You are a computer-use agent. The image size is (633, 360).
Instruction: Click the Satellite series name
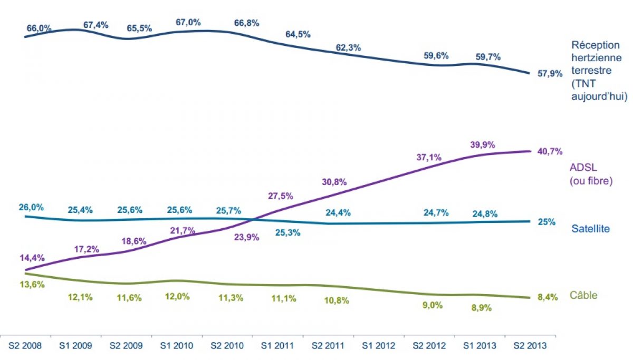pos(591,229)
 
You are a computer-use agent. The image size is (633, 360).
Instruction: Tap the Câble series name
pos(583,295)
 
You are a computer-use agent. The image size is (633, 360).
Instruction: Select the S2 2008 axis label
pos(26,346)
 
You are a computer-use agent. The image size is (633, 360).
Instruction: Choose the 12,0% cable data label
pos(177,296)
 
